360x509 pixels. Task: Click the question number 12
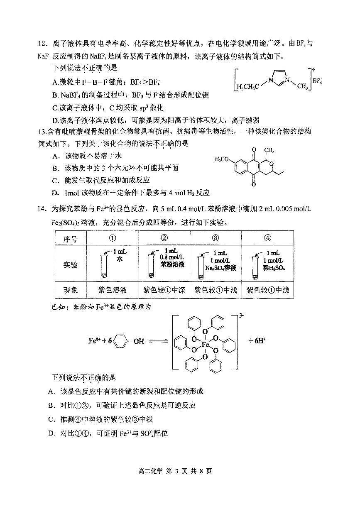click(42, 44)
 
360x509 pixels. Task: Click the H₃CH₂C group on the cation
click(248, 87)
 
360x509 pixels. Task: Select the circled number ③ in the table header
click(215, 238)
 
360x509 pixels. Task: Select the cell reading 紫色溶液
click(112, 290)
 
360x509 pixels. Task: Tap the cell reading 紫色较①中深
click(164, 290)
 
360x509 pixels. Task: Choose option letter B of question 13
click(55, 168)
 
